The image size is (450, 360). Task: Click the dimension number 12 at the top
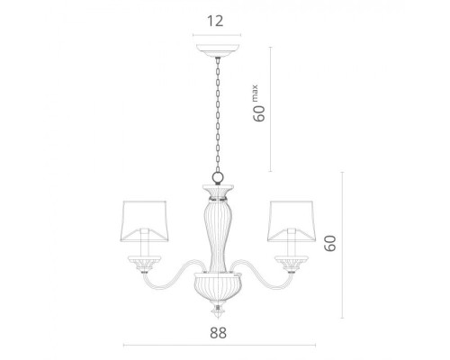215,21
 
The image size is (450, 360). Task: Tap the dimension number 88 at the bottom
218,333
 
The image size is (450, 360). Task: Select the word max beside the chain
255,94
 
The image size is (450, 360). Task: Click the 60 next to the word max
259,113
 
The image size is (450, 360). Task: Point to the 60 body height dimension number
330,243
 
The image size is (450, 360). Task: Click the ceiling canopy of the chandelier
218,50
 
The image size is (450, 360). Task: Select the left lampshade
144,221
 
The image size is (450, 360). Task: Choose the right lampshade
292,221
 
